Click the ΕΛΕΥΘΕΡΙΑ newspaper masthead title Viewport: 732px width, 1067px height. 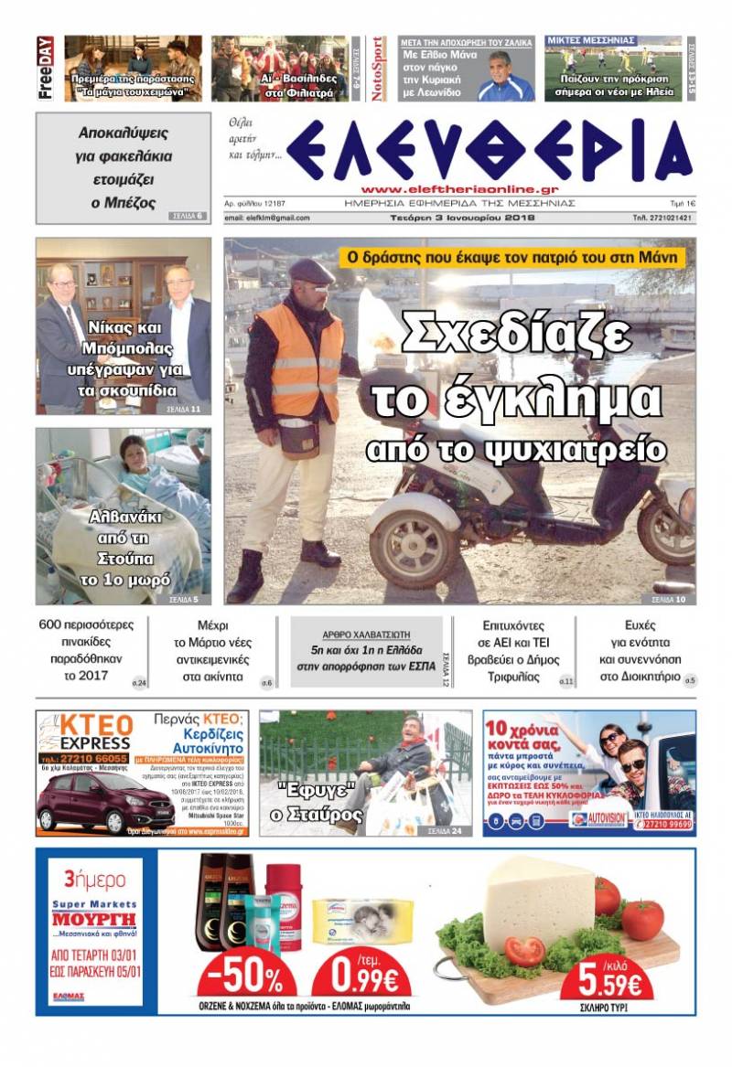click(x=489, y=151)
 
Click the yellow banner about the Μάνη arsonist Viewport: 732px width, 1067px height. click(x=512, y=258)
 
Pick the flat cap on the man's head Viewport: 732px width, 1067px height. click(x=311, y=270)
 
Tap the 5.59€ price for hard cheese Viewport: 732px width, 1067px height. click(x=615, y=984)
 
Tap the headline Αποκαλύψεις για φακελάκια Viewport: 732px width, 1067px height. click(x=123, y=167)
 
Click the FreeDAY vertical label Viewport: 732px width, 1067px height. click(x=44, y=69)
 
